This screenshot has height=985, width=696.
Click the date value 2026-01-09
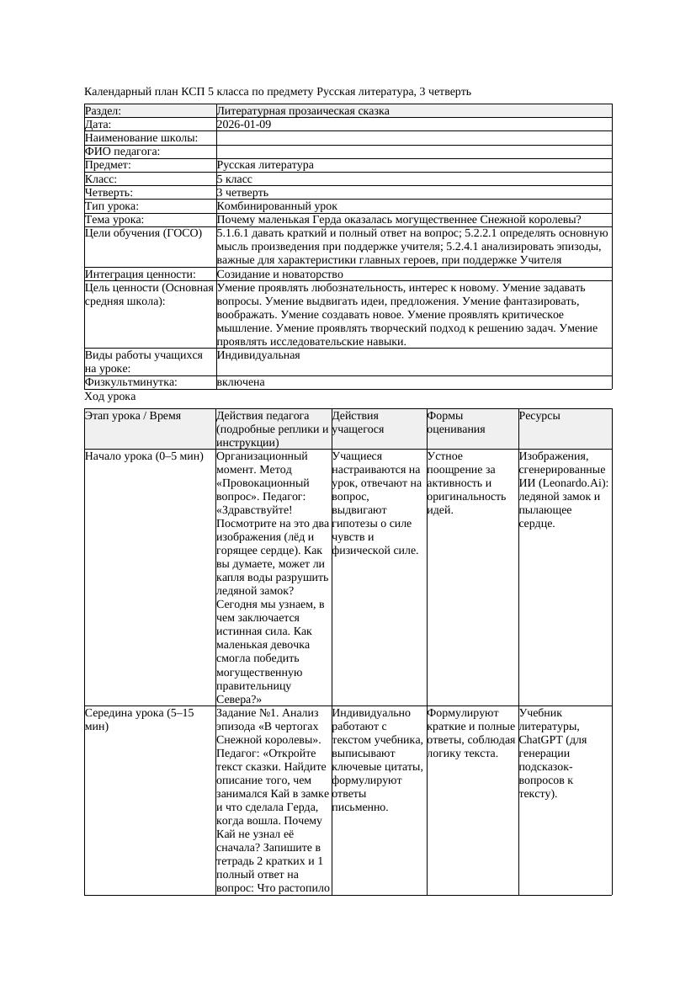tap(243, 125)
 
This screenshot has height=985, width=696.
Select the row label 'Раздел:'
tap(104, 111)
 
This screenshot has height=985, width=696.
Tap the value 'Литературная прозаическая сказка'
tap(302, 111)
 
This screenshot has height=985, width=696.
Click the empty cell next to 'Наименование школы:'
tap(412, 138)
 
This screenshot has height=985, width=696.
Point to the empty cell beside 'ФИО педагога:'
tap(412, 152)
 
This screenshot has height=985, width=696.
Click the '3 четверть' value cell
tap(242, 193)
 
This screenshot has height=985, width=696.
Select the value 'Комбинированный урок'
tap(277, 206)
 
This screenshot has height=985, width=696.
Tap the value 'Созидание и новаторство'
tap(279, 274)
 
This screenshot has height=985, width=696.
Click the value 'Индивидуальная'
tap(258, 355)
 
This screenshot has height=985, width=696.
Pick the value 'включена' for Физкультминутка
tap(240, 382)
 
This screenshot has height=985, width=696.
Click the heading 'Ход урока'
tap(110, 397)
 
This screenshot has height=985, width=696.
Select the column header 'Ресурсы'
tap(539, 416)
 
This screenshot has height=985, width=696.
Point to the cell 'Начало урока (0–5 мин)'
tap(144, 456)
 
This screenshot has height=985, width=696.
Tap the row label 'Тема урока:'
tap(115, 220)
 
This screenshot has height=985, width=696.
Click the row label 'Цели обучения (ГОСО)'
tap(143, 233)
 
